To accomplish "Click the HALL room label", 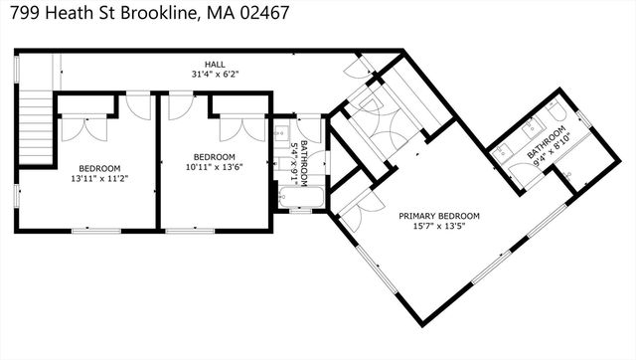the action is pyautogui.click(x=215, y=64).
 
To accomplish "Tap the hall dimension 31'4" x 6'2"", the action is pyautogui.click(x=215, y=75).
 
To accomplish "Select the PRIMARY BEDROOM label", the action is pyautogui.click(x=439, y=216).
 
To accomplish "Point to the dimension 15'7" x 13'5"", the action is pyautogui.click(x=439, y=226).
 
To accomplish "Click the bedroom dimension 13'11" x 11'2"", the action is pyautogui.click(x=99, y=178).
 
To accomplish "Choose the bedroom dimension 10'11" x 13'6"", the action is pyautogui.click(x=215, y=167).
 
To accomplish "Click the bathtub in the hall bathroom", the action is pyautogui.click(x=300, y=197).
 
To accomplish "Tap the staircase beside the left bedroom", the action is pyautogui.click(x=37, y=127).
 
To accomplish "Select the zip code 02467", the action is pyautogui.click(x=264, y=13).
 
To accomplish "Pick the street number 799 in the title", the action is pyautogui.click(x=25, y=13).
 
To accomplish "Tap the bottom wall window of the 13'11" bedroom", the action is pyautogui.click(x=96, y=231).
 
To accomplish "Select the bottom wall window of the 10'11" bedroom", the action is pyautogui.click(x=190, y=231).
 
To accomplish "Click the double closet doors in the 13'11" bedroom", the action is pyautogui.click(x=84, y=129).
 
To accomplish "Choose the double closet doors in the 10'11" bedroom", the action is pyautogui.click(x=242, y=129).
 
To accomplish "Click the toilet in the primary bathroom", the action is pyautogui.click(x=556, y=109).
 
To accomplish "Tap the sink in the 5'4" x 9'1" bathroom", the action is pyautogui.click(x=281, y=132).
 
